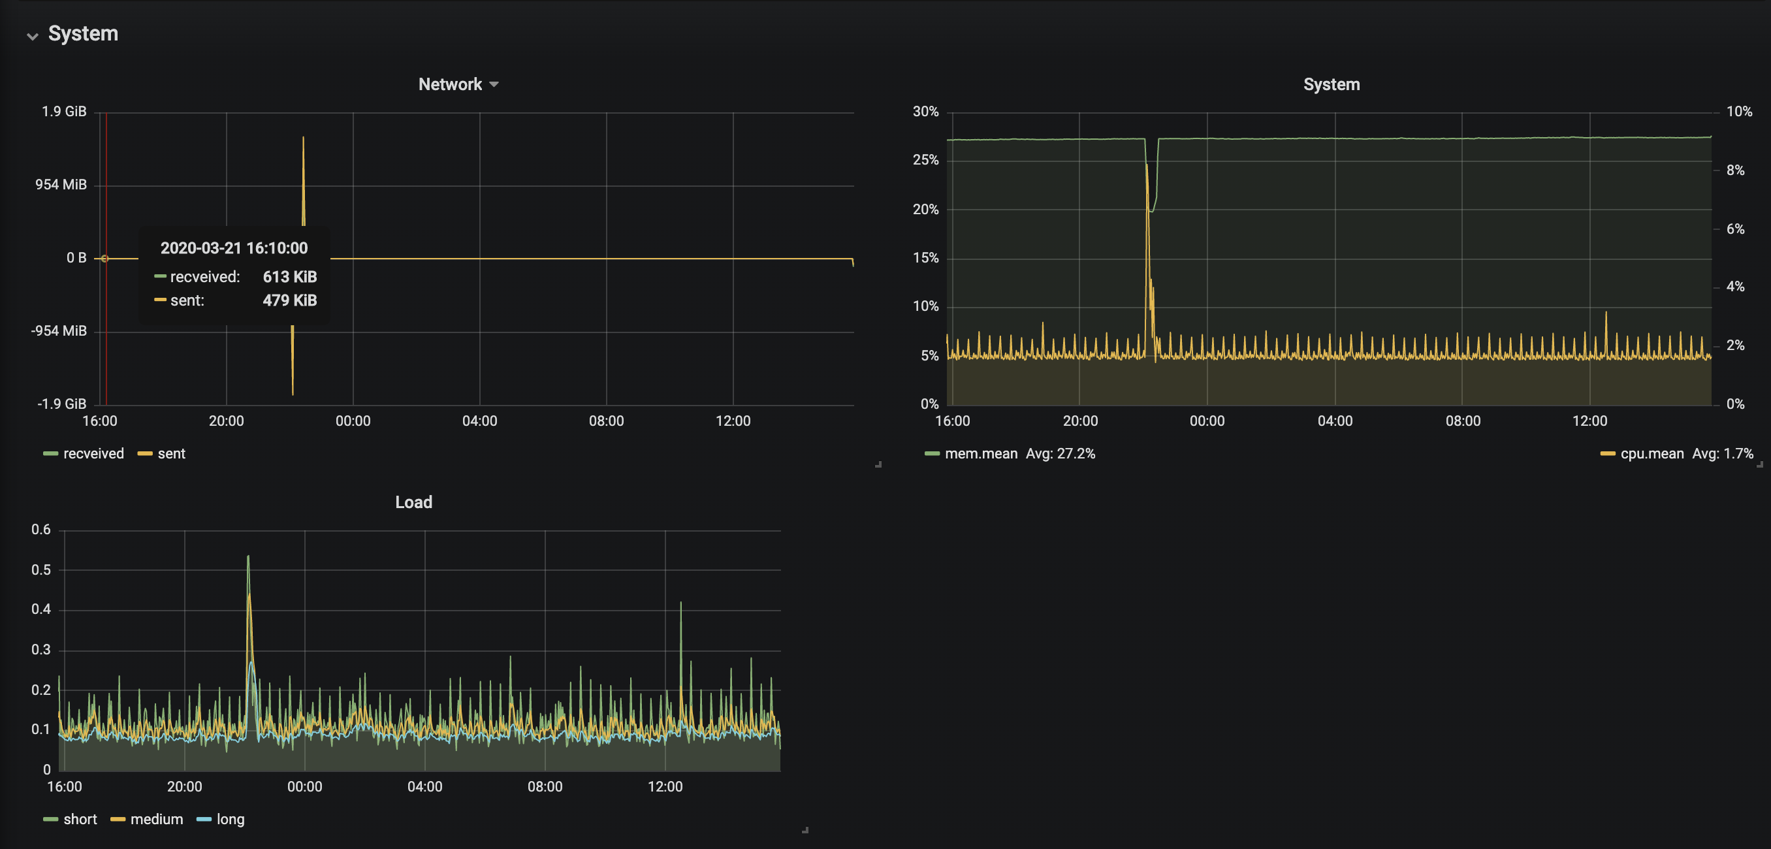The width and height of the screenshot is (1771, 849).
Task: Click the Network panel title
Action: point(451,84)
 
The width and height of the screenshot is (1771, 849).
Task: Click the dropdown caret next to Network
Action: point(494,84)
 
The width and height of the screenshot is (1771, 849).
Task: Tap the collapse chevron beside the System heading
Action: point(32,36)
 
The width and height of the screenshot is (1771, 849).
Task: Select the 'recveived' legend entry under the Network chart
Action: point(84,454)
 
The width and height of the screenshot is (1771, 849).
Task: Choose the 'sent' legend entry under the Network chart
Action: point(161,454)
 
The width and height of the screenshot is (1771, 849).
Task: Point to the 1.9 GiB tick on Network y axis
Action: point(64,112)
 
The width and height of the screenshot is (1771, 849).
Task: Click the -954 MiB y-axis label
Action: point(59,330)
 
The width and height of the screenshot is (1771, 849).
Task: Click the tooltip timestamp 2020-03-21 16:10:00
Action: point(234,248)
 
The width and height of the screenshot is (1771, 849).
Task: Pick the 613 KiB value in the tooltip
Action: point(289,277)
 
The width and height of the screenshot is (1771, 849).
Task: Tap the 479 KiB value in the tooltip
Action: point(289,300)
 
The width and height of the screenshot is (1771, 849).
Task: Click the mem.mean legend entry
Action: point(972,454)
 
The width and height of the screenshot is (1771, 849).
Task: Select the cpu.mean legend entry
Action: point(1642,454)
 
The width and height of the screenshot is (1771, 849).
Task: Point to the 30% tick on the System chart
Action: point(925,112)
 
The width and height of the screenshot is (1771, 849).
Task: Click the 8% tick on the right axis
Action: point(1735,170)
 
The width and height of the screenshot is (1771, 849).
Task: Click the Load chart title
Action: point(414,502)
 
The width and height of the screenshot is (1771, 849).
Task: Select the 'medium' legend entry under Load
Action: point(147,820)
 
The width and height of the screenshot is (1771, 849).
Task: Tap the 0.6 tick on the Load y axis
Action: point(41,530)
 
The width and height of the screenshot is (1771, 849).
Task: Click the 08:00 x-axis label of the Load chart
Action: point(545,786)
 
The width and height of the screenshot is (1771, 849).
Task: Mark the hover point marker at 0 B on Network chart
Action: point(104,259)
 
